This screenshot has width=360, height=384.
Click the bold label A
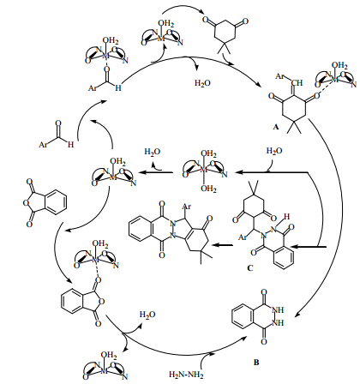[x=275, y=127]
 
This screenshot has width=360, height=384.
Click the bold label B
[x=256, y=363]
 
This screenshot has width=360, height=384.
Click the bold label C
[x=249, y=268]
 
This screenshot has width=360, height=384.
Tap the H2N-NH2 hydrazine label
[x=186, y=375]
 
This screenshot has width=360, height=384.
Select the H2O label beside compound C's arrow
[x=274, y=151]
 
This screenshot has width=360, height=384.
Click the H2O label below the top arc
[x=202, y=83]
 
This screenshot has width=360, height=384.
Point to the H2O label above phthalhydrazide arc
[x=147, y=315]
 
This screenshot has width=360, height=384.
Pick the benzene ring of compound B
[x=243, y=316]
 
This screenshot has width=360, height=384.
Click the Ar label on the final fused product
[x=186, y=207]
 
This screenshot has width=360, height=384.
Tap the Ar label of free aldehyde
[x=43, y=145]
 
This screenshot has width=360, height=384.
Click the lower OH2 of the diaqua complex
[x=208, y=189]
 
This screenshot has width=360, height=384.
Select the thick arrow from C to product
[x=224, y=245]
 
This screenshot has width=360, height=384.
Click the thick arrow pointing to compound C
[x=310, y=246]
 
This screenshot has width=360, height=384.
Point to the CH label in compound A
[x=297, y=83]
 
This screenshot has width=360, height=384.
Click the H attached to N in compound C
[x=286, y=217]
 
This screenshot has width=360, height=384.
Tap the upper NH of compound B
[x=279, y=310]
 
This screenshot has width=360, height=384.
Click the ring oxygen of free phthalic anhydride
[x=27, y=203]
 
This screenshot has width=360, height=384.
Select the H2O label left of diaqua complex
[x=153, y=152]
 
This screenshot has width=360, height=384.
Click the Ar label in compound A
[x=280, y=76]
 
